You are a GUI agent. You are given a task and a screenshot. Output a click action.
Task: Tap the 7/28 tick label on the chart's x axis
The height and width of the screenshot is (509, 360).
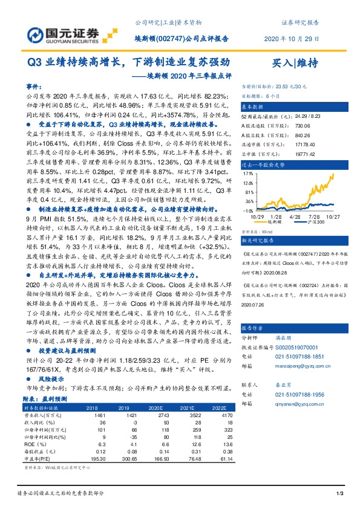pos(313,216)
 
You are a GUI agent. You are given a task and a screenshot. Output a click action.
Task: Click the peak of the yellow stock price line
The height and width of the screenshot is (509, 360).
pos(332,173)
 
